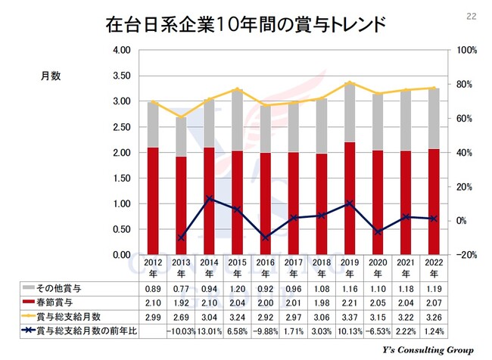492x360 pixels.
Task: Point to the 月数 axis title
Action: click(51, 76)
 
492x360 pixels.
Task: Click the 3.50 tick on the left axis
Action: click(122, 76)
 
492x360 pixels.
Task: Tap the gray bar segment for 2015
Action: click(237, 120)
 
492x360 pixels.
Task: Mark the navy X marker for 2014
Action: click(209, 199)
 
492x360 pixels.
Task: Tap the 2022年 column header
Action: click(431, 268)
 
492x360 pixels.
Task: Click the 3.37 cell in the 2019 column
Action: click(348, 315)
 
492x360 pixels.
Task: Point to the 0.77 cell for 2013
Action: click(181, 288)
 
